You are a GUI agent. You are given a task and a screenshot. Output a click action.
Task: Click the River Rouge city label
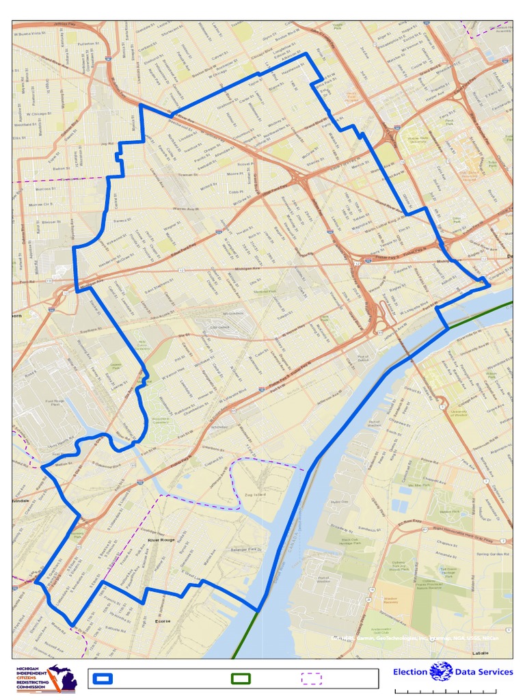(x=161, y=540)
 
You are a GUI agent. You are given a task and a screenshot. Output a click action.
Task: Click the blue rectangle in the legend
(x=104, y=678)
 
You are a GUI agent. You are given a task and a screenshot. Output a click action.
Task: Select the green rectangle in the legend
(x=241, y=678)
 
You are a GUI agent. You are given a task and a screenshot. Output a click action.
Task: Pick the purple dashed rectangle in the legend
(x=312, y=678)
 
